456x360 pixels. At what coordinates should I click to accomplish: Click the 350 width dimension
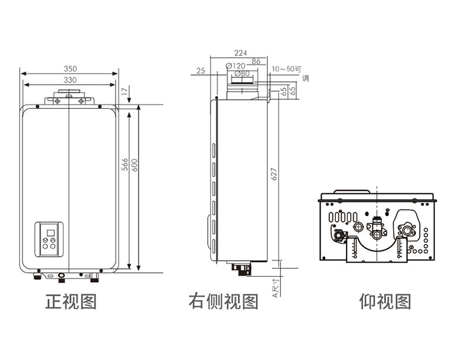(70, 69)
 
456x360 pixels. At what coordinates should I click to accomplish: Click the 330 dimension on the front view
(70, 80)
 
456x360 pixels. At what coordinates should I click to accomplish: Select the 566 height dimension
(125, 164)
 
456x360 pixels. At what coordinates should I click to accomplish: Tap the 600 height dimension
(134, 164)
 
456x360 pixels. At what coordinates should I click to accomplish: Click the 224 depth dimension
(240, 53)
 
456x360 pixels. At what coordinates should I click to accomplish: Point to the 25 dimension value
(201, 71)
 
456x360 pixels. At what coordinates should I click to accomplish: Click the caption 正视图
(71, 301)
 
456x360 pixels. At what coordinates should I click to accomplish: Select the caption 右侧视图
(223, 301)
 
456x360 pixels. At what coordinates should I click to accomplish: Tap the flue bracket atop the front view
(69, 97)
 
